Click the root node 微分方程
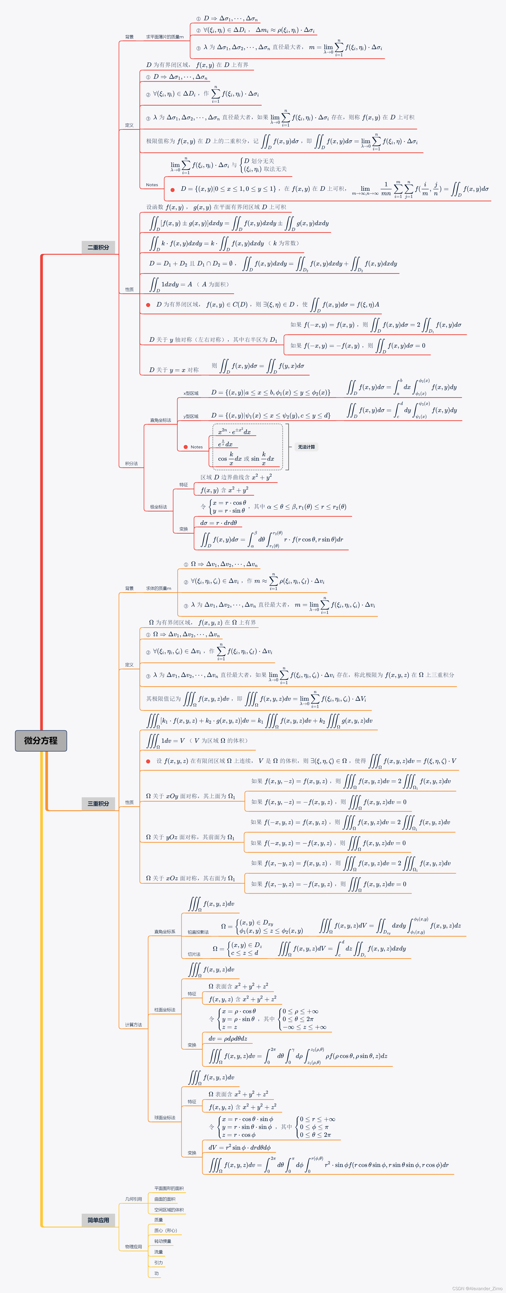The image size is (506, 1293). (x=41, y=740)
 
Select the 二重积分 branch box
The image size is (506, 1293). (x=98, y=247)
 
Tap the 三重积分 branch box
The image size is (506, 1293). (x=98, y=803)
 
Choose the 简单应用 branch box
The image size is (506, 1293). (x=98, y=1220)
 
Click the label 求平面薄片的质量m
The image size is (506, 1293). (x=165, y=37)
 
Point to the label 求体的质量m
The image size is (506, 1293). (x=158, y=588)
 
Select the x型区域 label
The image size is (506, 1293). (x=191, y=393)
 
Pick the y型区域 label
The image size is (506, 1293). (x=191, y=416)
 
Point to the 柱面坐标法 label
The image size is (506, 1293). (x=165, y=1009)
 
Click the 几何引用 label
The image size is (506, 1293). (x=134, y=1199)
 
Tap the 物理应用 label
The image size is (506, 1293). (x=134, y=1247)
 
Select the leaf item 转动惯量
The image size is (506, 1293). (x=163, y=1241)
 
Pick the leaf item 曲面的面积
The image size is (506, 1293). (x=165, y=1199)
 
